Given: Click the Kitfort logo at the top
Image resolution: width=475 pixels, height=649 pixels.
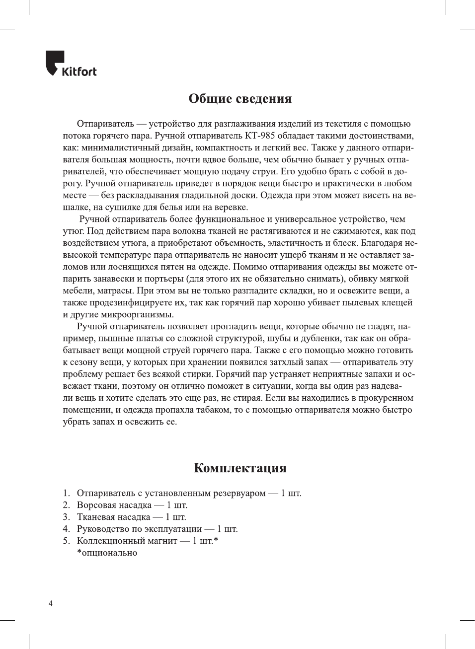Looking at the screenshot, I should pyautogui.click(x=71, y=64).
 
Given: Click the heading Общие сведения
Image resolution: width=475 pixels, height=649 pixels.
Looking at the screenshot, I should pyautogui.click(x=240, y=98).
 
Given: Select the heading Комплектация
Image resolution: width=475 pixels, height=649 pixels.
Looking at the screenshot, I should pyautogui.click(x=240, y=468).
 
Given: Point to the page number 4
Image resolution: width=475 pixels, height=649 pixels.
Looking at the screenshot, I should pyautogui.click(x=50, y=603).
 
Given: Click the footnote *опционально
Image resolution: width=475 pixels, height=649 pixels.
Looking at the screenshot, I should pyautogui.click(x=107, y=553).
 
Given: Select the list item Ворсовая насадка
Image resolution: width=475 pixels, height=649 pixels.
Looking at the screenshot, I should pyautogui.click(x=114, y=505).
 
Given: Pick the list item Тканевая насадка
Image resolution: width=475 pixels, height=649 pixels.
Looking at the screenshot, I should pyautogui.click(x=113, y=517).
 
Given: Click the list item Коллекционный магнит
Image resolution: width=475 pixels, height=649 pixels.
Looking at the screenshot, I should pyautogui.click(x=127, y=541).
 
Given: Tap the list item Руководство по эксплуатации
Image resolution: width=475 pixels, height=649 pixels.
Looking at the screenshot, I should pyautogui.click(x=139, y=529).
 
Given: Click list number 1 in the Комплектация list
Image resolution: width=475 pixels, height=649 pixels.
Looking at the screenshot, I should pyautogui.click(x=66, y=493).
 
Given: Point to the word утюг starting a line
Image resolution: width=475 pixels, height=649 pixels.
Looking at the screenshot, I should pyautogui.click(x=73, y=231).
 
